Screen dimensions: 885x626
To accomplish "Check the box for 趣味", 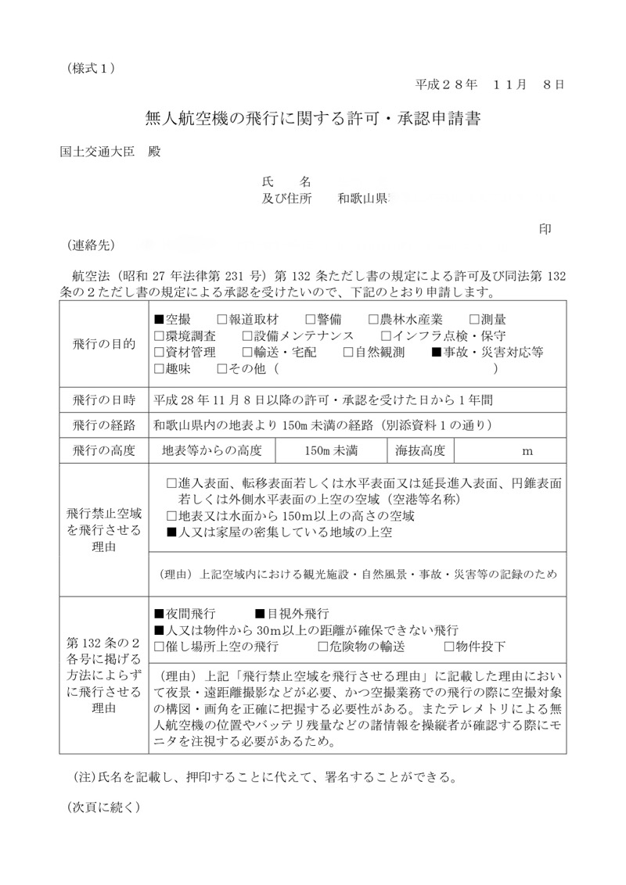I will tap(160, 369).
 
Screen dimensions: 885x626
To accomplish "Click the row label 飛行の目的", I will tap(104, 343).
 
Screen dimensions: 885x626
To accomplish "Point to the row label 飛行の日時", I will tap(104, 400).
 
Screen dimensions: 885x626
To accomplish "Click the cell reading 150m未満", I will tap(331, 451).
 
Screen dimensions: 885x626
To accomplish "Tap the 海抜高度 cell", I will tap(421, 451).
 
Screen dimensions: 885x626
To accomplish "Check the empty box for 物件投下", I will tap(449, 647).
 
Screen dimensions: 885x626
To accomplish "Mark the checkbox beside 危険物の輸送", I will tap(322, 647).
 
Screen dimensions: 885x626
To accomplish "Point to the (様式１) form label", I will tap(92, 68).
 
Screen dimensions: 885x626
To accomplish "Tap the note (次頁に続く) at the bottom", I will tap(103, 807).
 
